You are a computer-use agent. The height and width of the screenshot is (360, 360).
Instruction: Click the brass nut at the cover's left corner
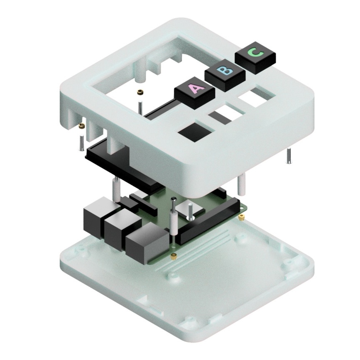(x=82, y=126)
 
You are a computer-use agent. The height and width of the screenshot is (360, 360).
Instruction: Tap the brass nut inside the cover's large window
(x=140, y=92)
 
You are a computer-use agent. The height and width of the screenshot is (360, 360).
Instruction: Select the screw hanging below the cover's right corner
(x=289, y=155)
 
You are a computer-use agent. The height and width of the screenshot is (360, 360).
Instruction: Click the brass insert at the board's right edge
(x=241, y=217)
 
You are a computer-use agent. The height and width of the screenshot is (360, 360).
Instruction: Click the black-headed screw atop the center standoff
(x=174, y=201)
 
